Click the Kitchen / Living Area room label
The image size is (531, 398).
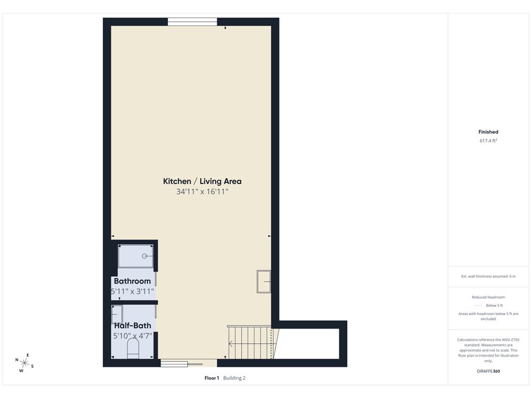point(202,181)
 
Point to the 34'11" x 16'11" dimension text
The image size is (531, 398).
point(202,192)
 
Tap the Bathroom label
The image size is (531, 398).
point(132,281)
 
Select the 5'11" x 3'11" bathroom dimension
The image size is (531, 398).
point(132,291)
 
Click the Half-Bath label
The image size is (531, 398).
point(132,325)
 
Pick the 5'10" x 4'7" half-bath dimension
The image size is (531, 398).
point(132,336)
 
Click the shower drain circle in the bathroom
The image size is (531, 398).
point(145,256)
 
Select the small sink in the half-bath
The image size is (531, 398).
point(117,315)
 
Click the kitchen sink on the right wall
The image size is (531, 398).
point(264,281)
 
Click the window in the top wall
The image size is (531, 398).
point(192,22)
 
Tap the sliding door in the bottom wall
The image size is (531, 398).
point(181,364)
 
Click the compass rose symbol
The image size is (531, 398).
point(24,363)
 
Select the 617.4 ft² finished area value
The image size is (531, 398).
point(488,140)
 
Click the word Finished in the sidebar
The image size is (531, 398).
point(488,132)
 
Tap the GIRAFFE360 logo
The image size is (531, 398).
point(488,371)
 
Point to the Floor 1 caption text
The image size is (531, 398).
point(212,378)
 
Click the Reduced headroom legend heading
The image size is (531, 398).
point(488,297)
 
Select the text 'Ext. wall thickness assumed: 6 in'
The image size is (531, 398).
point(488,276)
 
